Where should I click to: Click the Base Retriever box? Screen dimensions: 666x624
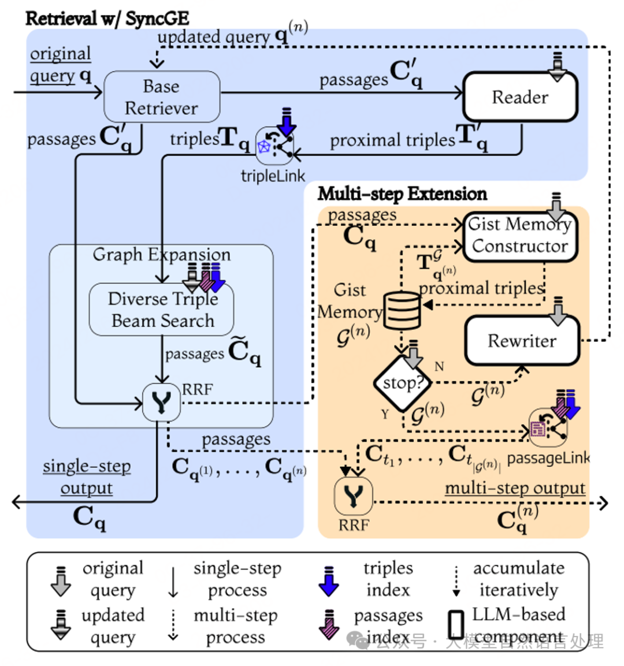pos(162,97)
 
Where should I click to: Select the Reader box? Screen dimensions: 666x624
pos(520,97)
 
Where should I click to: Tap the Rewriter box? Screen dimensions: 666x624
pos(522,341)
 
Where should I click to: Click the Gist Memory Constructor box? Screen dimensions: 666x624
pos(520,236)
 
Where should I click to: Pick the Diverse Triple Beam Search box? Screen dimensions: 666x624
pos(162,310)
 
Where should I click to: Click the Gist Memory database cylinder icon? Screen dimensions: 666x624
pos(402,310)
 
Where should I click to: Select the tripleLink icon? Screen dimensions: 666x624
pos(274,146)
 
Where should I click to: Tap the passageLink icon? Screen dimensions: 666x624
pos(549,427)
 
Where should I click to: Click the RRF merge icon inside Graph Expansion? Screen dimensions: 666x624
pos(161,402)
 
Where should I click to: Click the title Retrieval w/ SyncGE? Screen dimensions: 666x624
pos(107,18)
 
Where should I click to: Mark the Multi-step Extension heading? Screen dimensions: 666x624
pos(402,194)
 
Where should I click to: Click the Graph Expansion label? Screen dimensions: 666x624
pos(162,254)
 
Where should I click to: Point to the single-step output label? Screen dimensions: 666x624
pos(87,477)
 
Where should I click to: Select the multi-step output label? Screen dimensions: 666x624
pos(515,488)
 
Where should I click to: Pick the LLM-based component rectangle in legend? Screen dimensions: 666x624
pos(456,624)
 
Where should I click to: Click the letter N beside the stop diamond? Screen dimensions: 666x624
pos(440,366)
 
